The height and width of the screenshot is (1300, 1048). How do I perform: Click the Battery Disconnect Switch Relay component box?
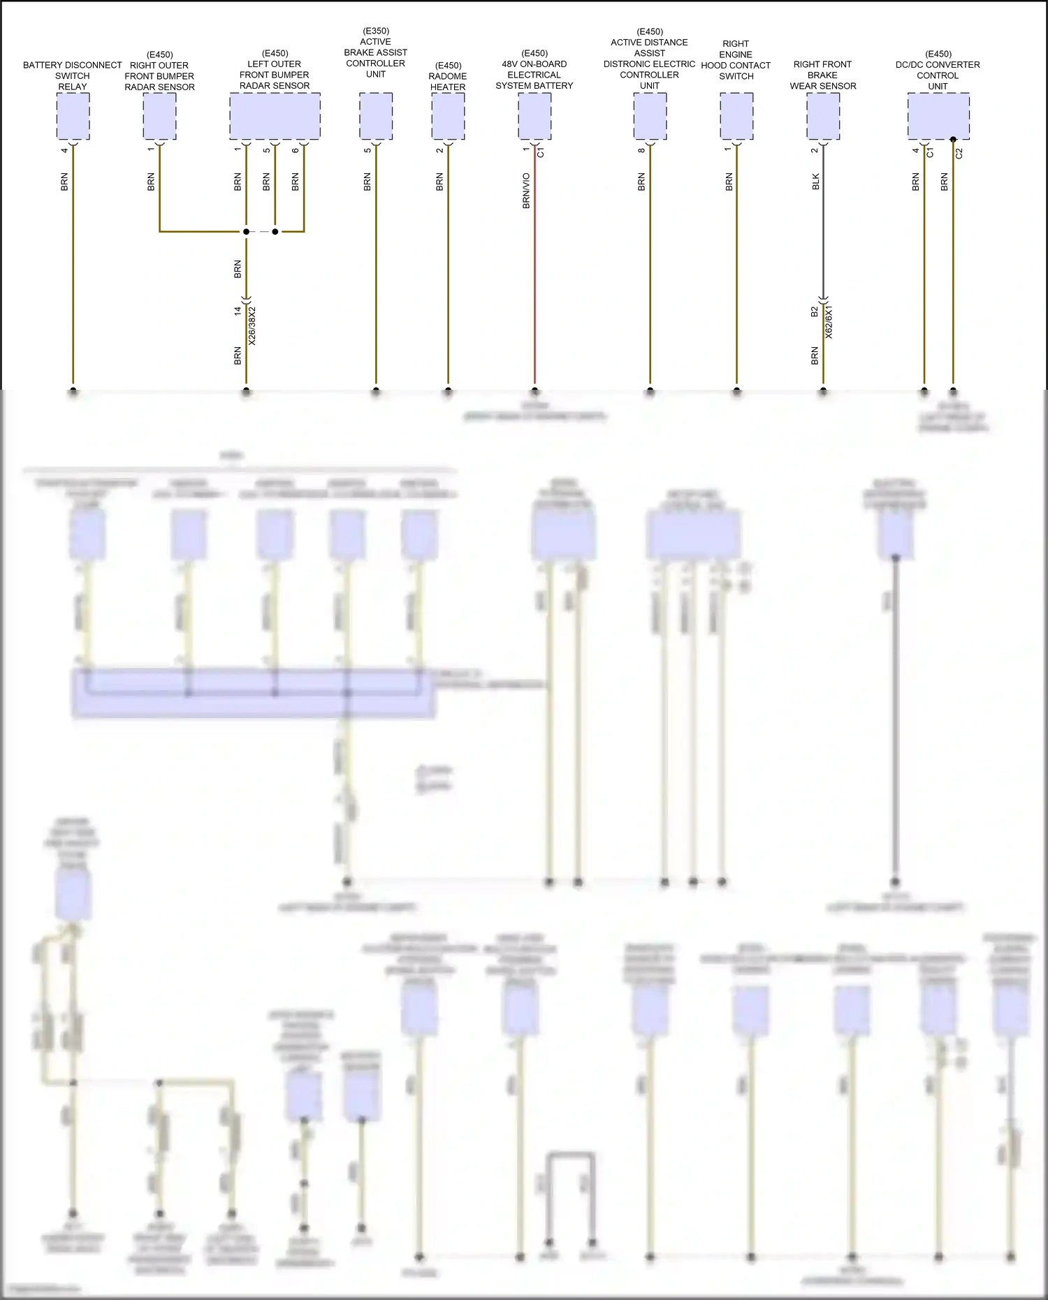coord(73,116)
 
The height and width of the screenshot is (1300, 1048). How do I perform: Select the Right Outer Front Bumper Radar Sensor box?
coord(159,116)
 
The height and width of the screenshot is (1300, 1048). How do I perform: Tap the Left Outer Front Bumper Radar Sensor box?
coord(275,116)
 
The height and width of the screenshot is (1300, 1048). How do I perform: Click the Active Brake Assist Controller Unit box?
coord(376,116)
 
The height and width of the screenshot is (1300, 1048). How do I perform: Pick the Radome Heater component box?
coord(448,116)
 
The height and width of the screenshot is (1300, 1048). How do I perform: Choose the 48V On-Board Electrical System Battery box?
coord(534,116)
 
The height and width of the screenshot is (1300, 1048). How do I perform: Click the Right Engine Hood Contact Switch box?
coord(736,116)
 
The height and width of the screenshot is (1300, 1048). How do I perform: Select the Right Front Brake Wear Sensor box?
coord(823,116)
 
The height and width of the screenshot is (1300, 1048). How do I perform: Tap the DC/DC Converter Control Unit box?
coord(938,116)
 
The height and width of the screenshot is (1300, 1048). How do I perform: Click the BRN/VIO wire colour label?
coord(526,191)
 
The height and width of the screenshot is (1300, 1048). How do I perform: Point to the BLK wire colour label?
coord(815,182)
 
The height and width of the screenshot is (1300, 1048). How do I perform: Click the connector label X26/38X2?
coord(252,326)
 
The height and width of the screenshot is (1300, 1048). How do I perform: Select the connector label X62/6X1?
coord(829,322)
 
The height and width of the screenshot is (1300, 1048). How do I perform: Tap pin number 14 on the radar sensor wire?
coord(238,311)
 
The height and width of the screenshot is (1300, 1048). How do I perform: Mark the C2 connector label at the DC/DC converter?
coord(959,153)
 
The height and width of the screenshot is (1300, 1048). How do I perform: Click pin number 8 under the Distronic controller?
coord(641,150)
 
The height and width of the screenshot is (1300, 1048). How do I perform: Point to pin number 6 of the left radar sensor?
coord(296,150)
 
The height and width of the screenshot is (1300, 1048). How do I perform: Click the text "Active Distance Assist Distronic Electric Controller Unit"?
coord(650,59)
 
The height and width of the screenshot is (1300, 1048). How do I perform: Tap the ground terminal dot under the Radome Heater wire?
coord(448,391)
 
